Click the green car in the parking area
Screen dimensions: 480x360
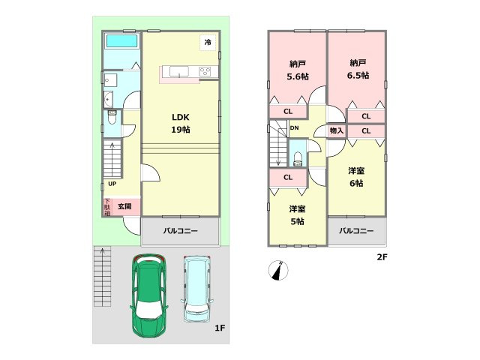pyautogui.click(x=149, y=295)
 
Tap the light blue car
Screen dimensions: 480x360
pyautogui.click(x=196, y=289)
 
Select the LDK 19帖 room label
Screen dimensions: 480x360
pyautogui.click(x=181, y=123)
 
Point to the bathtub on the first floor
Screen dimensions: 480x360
pyautogui.click(x=121, y=41)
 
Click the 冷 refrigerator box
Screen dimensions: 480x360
pyautogui.click(x=208, y=42)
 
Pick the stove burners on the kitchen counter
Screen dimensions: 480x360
pyautogui.click(x=205, y=72)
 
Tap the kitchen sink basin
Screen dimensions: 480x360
pyautogui.click(x=179, y=72)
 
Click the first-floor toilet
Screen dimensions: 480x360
pyautogui.click(x=112, y=117)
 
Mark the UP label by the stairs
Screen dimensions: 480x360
pyautogui.click(x=112, y=184)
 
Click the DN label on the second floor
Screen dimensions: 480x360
pyautogui.click(x=294, y=128)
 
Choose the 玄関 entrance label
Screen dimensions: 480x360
pyautogui.click(x=124, y=206)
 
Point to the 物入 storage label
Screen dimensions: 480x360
pyautogui.click(x=337, y=131)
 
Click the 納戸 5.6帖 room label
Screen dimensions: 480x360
pyautogui.click(x=298, y=70)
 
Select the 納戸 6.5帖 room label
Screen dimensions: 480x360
pyautogui.click(x=358, y=69)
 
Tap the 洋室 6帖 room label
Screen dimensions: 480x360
pyautogui.click(x=356, y=177)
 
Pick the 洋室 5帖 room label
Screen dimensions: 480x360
pyautogui.click(x=297, y=215)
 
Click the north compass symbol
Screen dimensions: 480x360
pyautogui.click(x=278, y=270)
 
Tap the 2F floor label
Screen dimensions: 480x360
pyautogui.click(x=382, y=257)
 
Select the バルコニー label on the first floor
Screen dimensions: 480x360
pyautogui.click(x=180, y=231)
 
